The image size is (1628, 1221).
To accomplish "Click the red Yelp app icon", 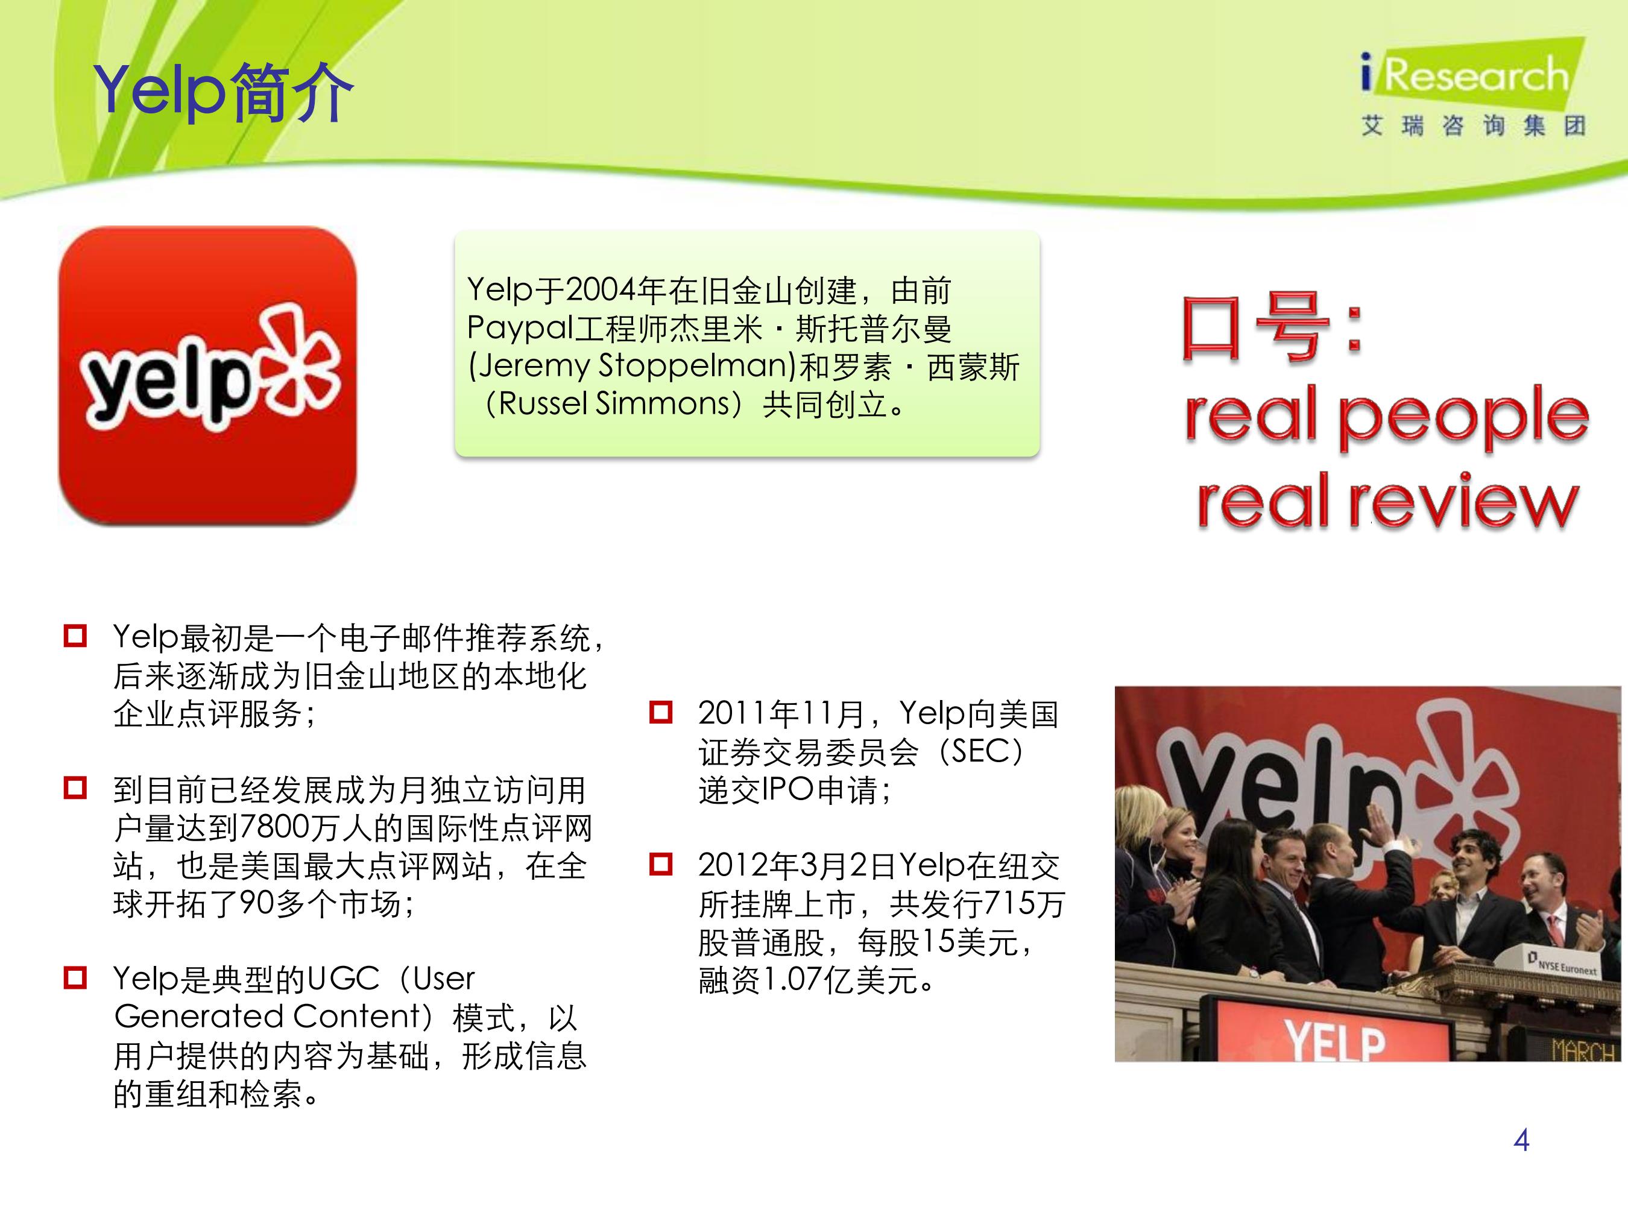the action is pyautogui.click(x=207, y=376).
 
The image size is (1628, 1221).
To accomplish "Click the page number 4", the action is pyautogui.click(x=1521, y=1140).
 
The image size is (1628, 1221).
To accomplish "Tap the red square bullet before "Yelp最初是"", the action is pyautogui.click(x=75, y=636).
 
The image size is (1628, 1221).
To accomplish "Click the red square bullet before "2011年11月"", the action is pyautogui.click(x=661, y=713).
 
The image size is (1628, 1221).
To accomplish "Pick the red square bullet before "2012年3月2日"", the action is pyautogui.click(x=661, y=864).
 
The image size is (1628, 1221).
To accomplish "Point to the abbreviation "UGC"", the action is pyautogui.click(x=343, y=979).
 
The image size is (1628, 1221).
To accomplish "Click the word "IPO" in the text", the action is pyautogui.click(x=787, y=790).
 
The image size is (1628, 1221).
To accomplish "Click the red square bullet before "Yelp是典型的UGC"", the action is pyautogui.click(x=75, y=978).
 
